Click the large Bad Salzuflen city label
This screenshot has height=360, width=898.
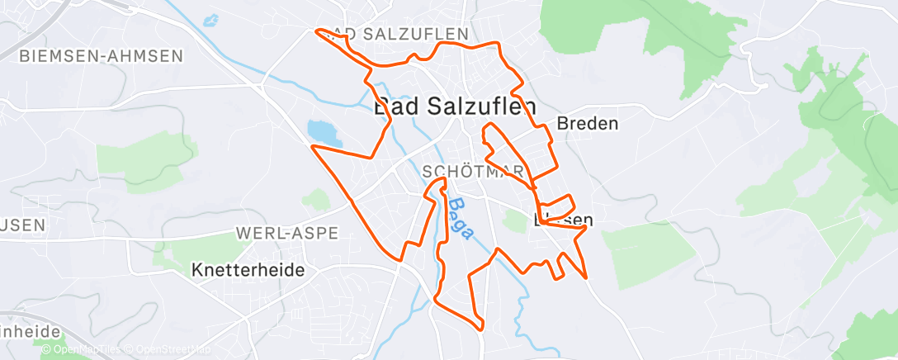455,107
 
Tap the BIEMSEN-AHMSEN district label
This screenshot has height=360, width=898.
101,56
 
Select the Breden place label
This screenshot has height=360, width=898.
588,124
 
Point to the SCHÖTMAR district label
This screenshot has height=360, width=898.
472,172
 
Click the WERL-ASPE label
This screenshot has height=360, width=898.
287,234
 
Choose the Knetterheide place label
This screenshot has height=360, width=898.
236,270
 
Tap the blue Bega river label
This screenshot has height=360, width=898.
461,220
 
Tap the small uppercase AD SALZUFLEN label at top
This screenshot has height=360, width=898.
404,34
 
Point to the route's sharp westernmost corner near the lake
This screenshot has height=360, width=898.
312,146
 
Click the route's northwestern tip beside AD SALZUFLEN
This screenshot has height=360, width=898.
318,31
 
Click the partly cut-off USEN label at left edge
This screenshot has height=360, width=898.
22,225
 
